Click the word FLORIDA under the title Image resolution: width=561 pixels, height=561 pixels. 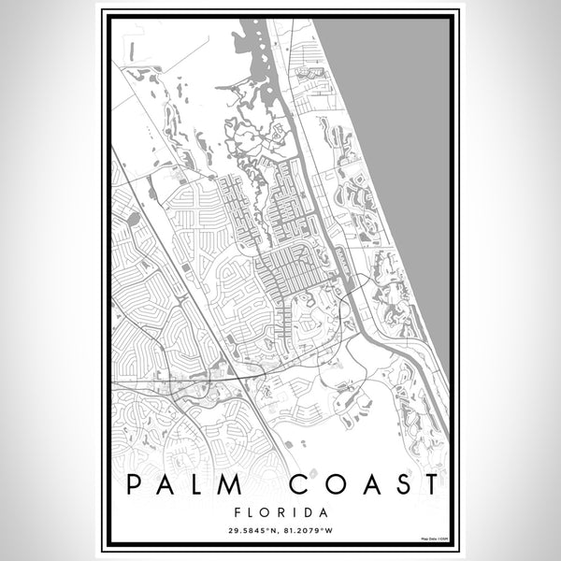click(280, 512)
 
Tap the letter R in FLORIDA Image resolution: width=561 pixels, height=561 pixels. click(280, 512)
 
